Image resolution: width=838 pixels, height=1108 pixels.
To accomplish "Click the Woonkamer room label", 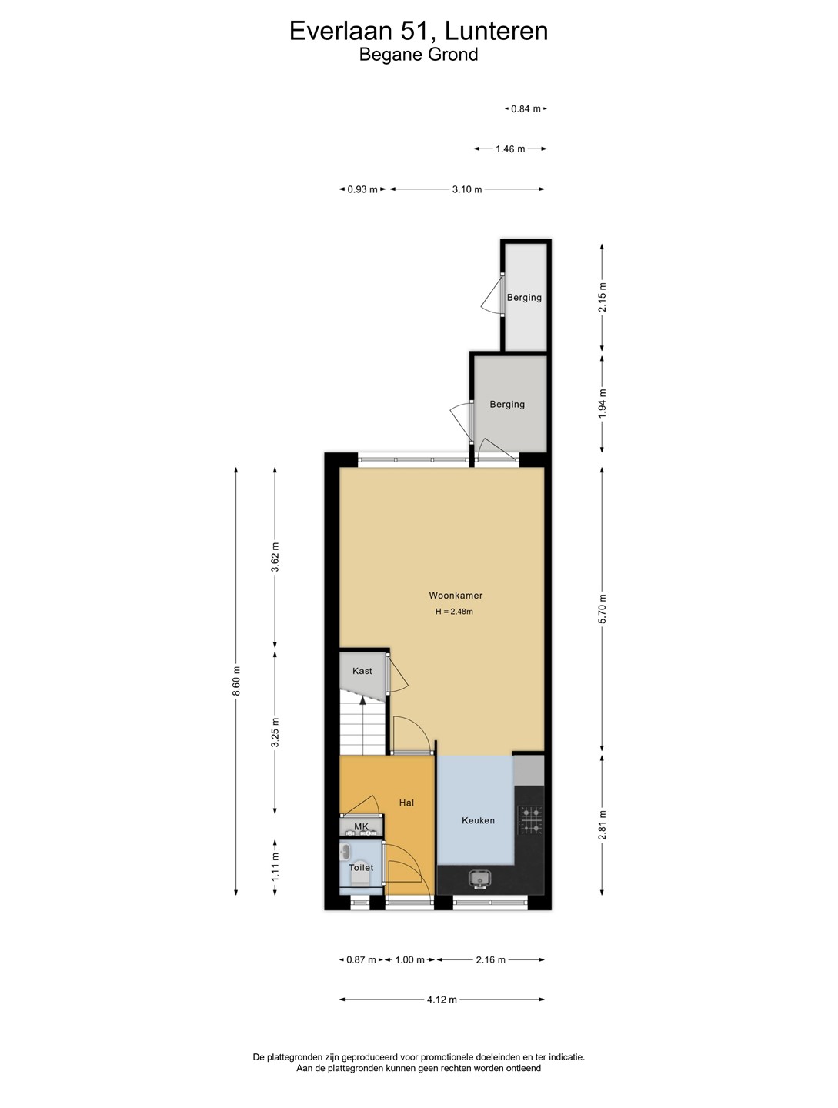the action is point(456,595).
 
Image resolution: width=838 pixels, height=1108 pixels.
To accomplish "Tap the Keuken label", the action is point(478,820).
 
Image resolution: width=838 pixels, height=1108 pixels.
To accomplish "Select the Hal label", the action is point(406,803).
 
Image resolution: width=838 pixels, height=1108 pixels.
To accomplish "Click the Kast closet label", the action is point(362,671).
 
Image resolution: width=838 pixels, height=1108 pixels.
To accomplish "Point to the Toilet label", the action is point(361,868).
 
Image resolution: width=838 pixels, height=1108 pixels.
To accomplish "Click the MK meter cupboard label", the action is point(361,827).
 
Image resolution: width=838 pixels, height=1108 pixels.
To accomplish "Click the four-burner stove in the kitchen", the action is point(530,820).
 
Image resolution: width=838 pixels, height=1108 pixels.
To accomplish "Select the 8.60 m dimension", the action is point(236,680).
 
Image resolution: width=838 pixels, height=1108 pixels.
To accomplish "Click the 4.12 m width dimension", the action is point(442,1000).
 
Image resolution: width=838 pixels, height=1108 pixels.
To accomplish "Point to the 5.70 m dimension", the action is point(602,609).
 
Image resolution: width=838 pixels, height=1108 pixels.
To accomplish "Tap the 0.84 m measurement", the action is point(526,108).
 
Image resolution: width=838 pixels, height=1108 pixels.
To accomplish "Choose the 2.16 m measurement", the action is point(490,959).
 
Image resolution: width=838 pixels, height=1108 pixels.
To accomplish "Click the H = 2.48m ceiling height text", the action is point(454,612).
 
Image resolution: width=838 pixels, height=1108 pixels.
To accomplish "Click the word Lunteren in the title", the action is point(496,32).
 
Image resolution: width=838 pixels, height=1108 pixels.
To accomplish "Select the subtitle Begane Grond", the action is point(419,55).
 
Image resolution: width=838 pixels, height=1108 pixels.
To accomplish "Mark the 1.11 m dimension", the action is point(275,866).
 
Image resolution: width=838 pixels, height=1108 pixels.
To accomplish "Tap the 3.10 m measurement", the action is point(467,189).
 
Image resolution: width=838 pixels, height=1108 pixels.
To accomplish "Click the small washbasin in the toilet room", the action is point(346,852).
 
